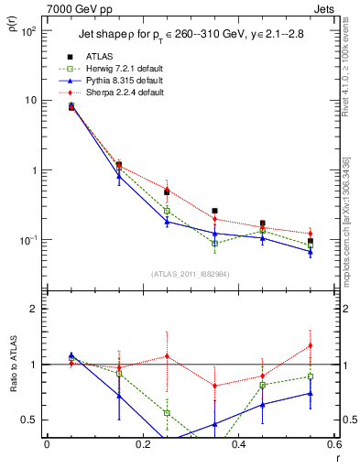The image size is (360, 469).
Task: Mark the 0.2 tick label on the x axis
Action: point(142,444)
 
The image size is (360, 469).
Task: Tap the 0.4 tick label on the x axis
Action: point(237,444)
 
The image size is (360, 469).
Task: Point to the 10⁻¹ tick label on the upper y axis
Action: point(29,241)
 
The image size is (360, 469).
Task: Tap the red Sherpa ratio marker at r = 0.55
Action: point(311,345)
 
